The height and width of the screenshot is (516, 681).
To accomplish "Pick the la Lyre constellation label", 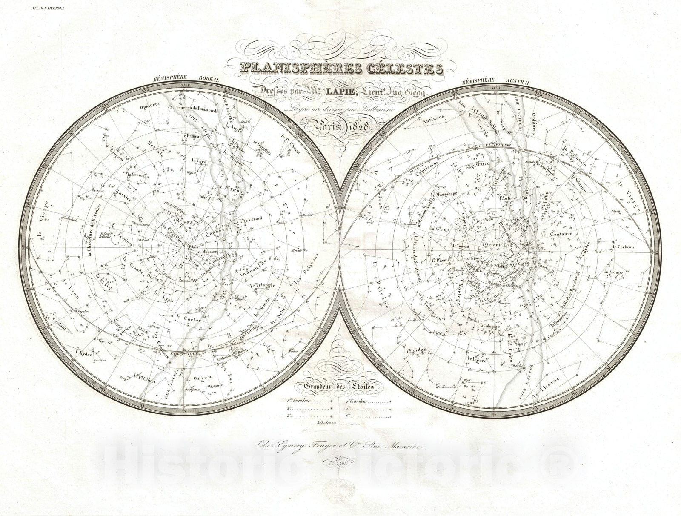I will [x=199, y=161].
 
